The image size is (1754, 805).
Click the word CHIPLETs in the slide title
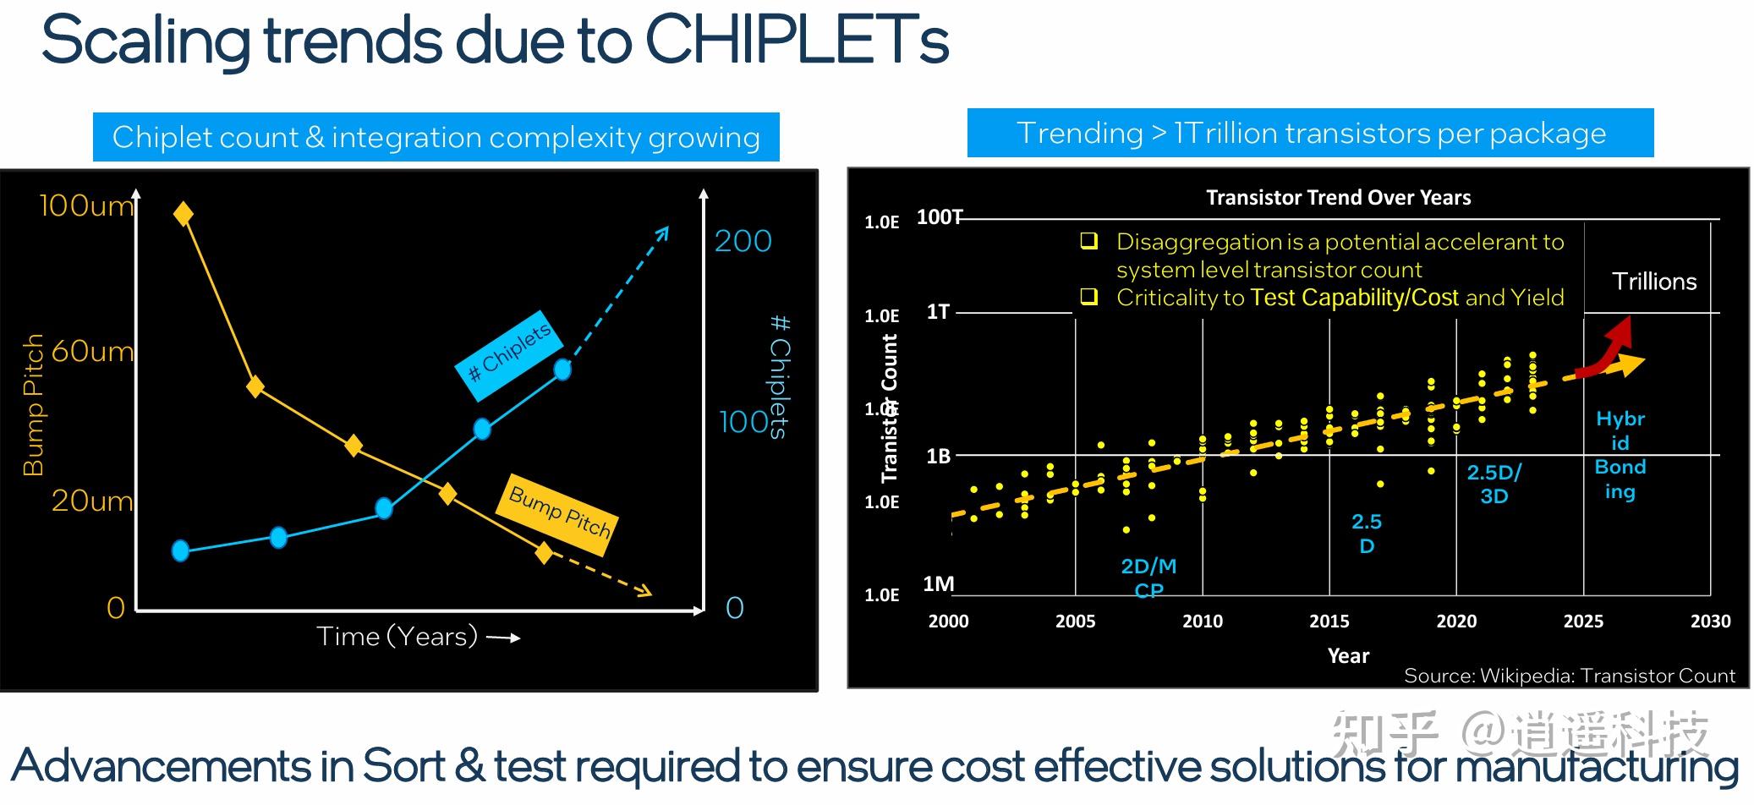[797, 41]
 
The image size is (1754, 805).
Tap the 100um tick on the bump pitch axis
[85, 205]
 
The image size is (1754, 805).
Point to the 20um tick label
[91, 501]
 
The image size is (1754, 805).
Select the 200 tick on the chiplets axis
[743, 241]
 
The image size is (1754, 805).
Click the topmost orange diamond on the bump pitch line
[183, 214]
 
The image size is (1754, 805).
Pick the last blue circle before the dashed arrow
[562, 369]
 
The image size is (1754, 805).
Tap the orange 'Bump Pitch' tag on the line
[559, 512]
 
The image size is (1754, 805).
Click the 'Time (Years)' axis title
[397, 636]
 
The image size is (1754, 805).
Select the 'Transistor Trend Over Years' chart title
[1338, 197]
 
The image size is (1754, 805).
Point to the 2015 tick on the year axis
[1329, 621]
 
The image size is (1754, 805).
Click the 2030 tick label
[1710, 621]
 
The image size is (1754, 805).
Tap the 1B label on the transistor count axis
[939, 457]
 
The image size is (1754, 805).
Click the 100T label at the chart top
[940, 217]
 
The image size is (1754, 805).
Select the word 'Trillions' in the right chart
[1654, 282]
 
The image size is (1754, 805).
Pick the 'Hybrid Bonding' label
[1620, 455]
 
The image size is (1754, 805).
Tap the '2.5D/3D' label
[1494, 484]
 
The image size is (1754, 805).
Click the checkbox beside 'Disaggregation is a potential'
[1089, 242]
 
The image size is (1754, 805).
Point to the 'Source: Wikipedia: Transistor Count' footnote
[1569, 676]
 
